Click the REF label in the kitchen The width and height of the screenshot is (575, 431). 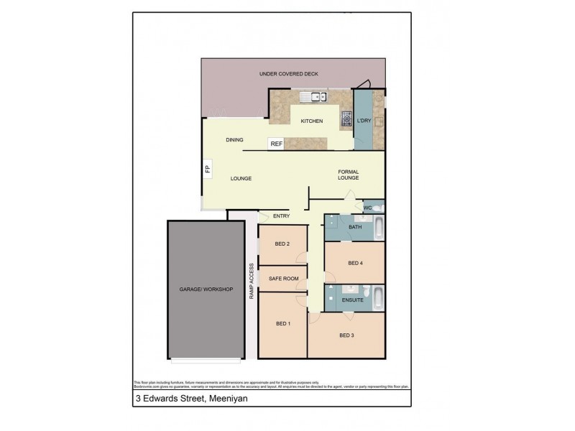[x=276, y=144]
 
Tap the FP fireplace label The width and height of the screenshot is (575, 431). [x=207, y=170]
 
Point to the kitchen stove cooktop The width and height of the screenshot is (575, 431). [x=345, y=119]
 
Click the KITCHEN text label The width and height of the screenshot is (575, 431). [x=311, y=121]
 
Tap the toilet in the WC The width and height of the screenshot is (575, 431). [x=379, y=208]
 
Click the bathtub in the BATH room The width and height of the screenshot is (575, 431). [x=377, y=228]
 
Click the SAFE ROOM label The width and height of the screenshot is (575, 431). [x=282, y=278]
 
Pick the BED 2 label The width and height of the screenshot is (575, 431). [x=282, y=244]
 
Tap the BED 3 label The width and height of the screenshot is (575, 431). [x=346, y=335]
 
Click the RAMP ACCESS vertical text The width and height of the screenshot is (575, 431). [x=252, y=281]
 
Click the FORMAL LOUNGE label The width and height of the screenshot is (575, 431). [x=349, y=175]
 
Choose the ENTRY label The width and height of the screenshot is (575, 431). [x=281, y=215]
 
